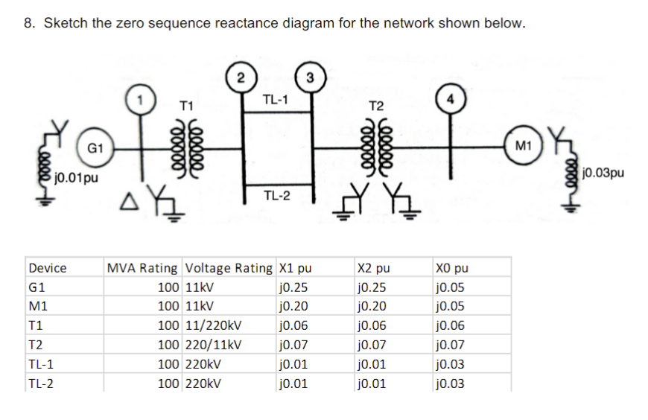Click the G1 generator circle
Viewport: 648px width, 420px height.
point(95,149)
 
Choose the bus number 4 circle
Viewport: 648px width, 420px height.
point(449,100)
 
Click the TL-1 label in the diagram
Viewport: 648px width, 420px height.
point(276,99)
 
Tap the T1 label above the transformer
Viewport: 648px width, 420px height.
point(187,106)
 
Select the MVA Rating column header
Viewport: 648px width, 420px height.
point(142,268)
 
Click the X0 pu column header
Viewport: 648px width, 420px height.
point(454,268)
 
